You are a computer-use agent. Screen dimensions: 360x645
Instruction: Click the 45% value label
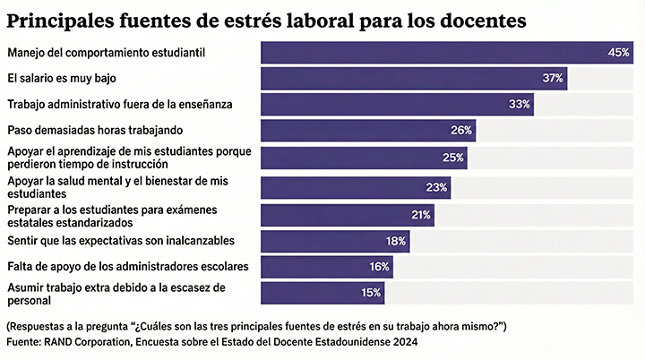point(619,53)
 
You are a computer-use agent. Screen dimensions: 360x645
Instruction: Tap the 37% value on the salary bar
point(552,79)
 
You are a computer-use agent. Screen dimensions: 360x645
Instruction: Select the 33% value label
point(520,105)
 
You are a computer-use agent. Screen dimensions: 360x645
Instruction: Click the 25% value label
point(453,159)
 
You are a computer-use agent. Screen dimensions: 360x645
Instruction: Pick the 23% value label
point(437,187)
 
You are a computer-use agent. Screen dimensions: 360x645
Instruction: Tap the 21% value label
point(420,215)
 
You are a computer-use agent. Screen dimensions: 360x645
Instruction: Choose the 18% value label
point(396,241)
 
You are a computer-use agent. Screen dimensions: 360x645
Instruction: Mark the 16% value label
point(379,267)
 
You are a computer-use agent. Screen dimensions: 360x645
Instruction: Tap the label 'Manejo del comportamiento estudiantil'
point(106,53)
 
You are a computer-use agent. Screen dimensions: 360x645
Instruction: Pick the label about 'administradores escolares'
point(127,267)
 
